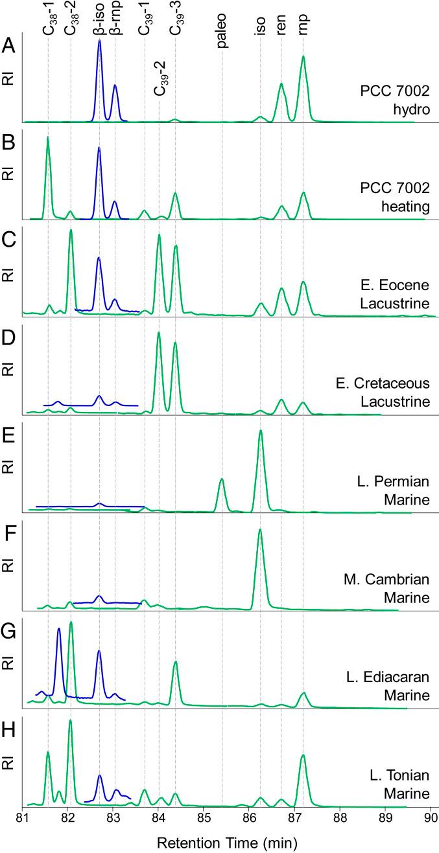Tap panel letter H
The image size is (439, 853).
pos(8,723)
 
